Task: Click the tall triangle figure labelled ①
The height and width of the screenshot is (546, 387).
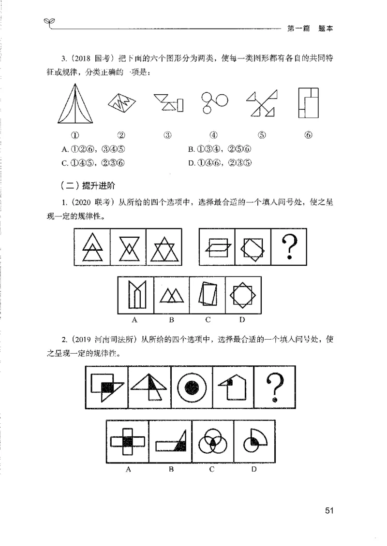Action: click(76, 104)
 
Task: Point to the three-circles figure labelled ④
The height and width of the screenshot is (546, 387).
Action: click(213, 102)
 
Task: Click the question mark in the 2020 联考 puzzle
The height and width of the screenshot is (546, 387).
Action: click(289, 247)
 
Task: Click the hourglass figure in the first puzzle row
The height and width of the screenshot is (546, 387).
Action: click(128, 247)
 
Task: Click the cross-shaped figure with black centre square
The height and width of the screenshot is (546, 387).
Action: click(127, 442)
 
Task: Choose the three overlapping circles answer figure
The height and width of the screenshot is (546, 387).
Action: click(212, 441)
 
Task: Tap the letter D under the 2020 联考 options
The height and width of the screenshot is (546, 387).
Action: click(242, 319)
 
